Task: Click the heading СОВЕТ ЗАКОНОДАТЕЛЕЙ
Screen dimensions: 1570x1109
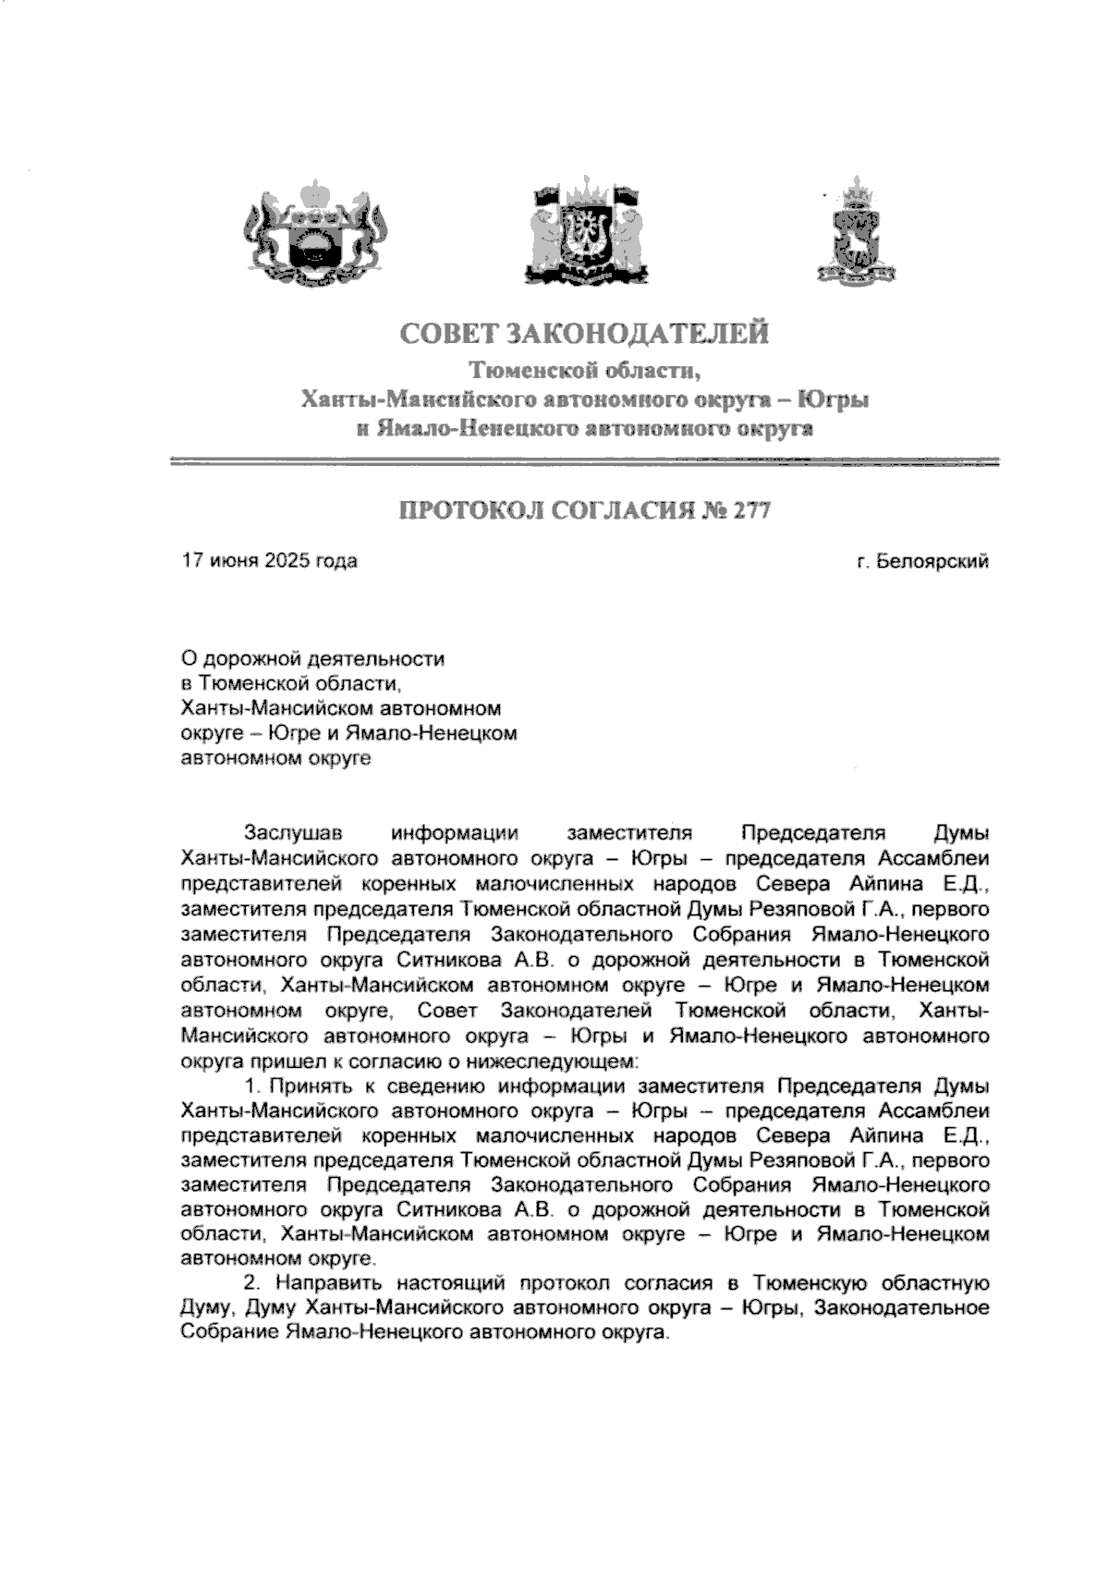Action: [x=584, y=333]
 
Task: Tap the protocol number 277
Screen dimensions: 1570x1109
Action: [x=751, y=511]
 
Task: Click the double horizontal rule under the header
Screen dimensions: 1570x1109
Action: [x=586, y=461]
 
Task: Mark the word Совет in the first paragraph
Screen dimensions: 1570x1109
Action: [x=446, y=1010]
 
